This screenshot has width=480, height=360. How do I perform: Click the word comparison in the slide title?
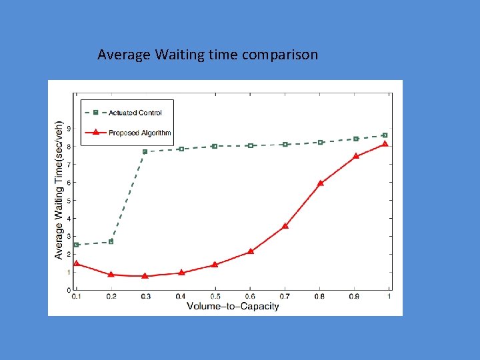(x=280, y=55)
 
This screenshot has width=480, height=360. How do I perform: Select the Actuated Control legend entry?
(x=135, y=113)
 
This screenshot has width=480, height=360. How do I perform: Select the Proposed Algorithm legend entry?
(x=139, y=133)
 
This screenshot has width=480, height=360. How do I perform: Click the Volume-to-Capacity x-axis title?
(x=233, y=306)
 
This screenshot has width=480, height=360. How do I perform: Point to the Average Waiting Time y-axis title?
(x=59, y=190)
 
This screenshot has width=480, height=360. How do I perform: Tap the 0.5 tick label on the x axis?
(x=215, y=296)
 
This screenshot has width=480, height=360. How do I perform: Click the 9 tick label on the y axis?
(x=69, y=129)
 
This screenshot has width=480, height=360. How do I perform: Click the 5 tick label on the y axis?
(x=69, y=201)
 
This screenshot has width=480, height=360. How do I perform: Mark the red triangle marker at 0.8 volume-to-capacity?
(x=321, y=183)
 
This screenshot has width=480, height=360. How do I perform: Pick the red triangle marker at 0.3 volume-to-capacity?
(x=145, y=275)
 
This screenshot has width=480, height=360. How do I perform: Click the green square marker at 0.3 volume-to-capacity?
(x=145, y=152)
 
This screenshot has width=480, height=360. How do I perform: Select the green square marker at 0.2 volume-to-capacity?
(x=111, y=241)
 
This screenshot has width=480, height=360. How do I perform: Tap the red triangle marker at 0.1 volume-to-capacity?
(x=76, y=263)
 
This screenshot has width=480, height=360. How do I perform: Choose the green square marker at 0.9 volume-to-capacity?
(x=356, y=139)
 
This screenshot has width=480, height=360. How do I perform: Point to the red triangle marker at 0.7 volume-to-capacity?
(x=285, y=226)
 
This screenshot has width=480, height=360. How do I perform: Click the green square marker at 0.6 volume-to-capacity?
(x=251, y=145)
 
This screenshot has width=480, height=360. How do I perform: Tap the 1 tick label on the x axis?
(x=389, y=296)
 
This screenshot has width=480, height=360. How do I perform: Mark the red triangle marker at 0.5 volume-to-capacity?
(x=215, y=265)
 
